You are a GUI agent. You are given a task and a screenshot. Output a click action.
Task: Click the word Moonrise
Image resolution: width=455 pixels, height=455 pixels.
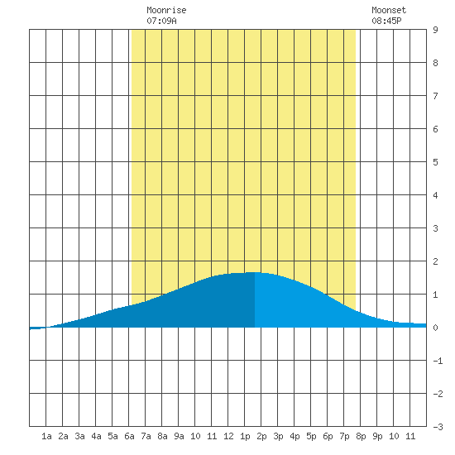coord(166,10)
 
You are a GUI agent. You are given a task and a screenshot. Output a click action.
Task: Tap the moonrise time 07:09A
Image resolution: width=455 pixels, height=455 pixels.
coord(161,21)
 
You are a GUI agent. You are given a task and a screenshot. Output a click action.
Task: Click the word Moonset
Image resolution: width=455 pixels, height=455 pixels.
coord(389,10)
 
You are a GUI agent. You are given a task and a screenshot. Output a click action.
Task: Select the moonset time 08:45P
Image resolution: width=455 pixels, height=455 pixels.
coord(386,21)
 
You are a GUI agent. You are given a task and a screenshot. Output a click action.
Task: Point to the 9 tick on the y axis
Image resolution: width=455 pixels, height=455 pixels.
coord(435,30)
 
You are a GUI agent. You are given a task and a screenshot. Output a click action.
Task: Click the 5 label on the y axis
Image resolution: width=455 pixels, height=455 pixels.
coord(435,162)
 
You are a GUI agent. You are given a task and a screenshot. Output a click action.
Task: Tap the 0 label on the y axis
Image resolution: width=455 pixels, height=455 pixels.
coord(435,328)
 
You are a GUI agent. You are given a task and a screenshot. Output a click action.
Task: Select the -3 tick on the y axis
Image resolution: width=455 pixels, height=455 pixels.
coord(438,427)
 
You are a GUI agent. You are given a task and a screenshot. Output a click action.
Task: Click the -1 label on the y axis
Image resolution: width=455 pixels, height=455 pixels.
coord(438,361)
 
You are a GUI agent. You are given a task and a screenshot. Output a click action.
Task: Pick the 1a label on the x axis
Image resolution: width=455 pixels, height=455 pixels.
coord(46,436)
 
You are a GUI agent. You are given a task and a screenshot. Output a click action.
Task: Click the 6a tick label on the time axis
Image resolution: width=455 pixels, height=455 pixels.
coord(129,436)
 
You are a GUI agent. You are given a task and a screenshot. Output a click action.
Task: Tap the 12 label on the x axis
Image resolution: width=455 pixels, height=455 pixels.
coord(228,436)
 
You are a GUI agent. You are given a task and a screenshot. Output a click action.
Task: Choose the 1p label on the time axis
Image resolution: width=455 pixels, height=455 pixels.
coord(245,436)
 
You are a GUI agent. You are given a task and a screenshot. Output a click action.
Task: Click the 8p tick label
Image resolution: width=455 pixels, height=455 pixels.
coord(361,436)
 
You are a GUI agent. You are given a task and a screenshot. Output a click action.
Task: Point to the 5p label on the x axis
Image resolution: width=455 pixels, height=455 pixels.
coord(311,436)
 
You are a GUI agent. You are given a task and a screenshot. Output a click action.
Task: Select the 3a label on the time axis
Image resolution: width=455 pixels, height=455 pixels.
coord(79,436)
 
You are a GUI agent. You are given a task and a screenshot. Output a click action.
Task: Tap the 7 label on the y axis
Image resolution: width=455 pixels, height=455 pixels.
coord(435,96)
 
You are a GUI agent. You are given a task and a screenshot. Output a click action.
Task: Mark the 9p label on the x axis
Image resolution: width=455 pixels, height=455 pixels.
coord(377,436)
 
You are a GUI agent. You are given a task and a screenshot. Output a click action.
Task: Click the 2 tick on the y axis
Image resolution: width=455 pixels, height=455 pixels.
coord(435,261)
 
